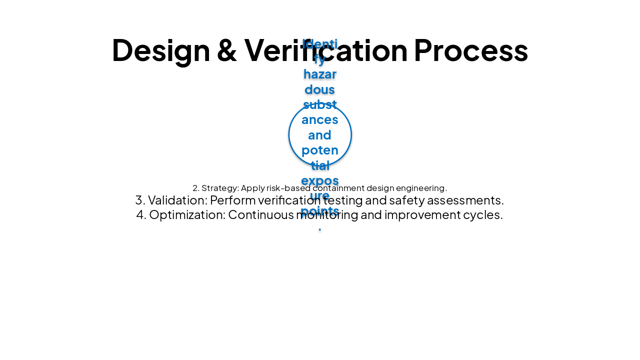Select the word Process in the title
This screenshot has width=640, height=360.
[x=470, y=50]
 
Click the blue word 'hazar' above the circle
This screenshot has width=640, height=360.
[x=320, y=74]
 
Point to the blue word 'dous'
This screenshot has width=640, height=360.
[x=320, y=89]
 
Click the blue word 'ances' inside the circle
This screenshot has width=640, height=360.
[x=320, y=119]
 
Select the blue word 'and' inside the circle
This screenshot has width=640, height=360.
[x=320, y=134]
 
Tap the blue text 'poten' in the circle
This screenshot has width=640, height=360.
[x=320, y=150]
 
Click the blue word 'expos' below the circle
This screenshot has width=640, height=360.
[x=320, y=180]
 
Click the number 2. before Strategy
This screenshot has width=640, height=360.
[x=196, y=188]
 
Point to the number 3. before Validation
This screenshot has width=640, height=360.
[x=140, y=200]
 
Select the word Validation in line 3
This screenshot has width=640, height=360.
[x=177, y=200]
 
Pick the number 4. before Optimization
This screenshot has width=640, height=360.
[x=141, y=214]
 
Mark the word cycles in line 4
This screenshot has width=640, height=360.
[x=485, y=214]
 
